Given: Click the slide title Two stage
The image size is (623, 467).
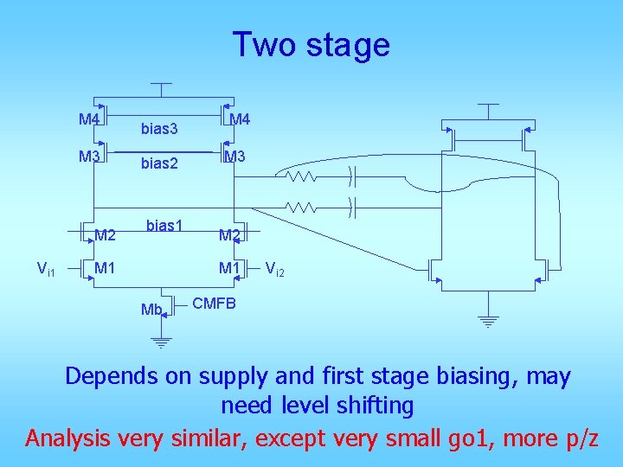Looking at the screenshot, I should click(311, 44).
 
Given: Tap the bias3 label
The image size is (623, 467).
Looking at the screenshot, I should click(159, 130).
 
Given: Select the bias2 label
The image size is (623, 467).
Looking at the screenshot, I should click(159, 163).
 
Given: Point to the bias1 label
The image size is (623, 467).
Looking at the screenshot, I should click(164, 226).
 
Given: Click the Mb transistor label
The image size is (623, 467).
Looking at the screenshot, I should click(152, 310).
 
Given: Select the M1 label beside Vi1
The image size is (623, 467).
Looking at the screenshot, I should click(106, 268).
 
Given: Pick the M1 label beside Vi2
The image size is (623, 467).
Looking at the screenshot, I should click(229, 268).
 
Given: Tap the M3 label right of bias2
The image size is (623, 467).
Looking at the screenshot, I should click(235, 157).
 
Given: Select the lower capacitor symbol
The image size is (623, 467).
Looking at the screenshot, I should click(352, 208).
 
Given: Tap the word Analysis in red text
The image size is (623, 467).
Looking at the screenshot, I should click(68, 438).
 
